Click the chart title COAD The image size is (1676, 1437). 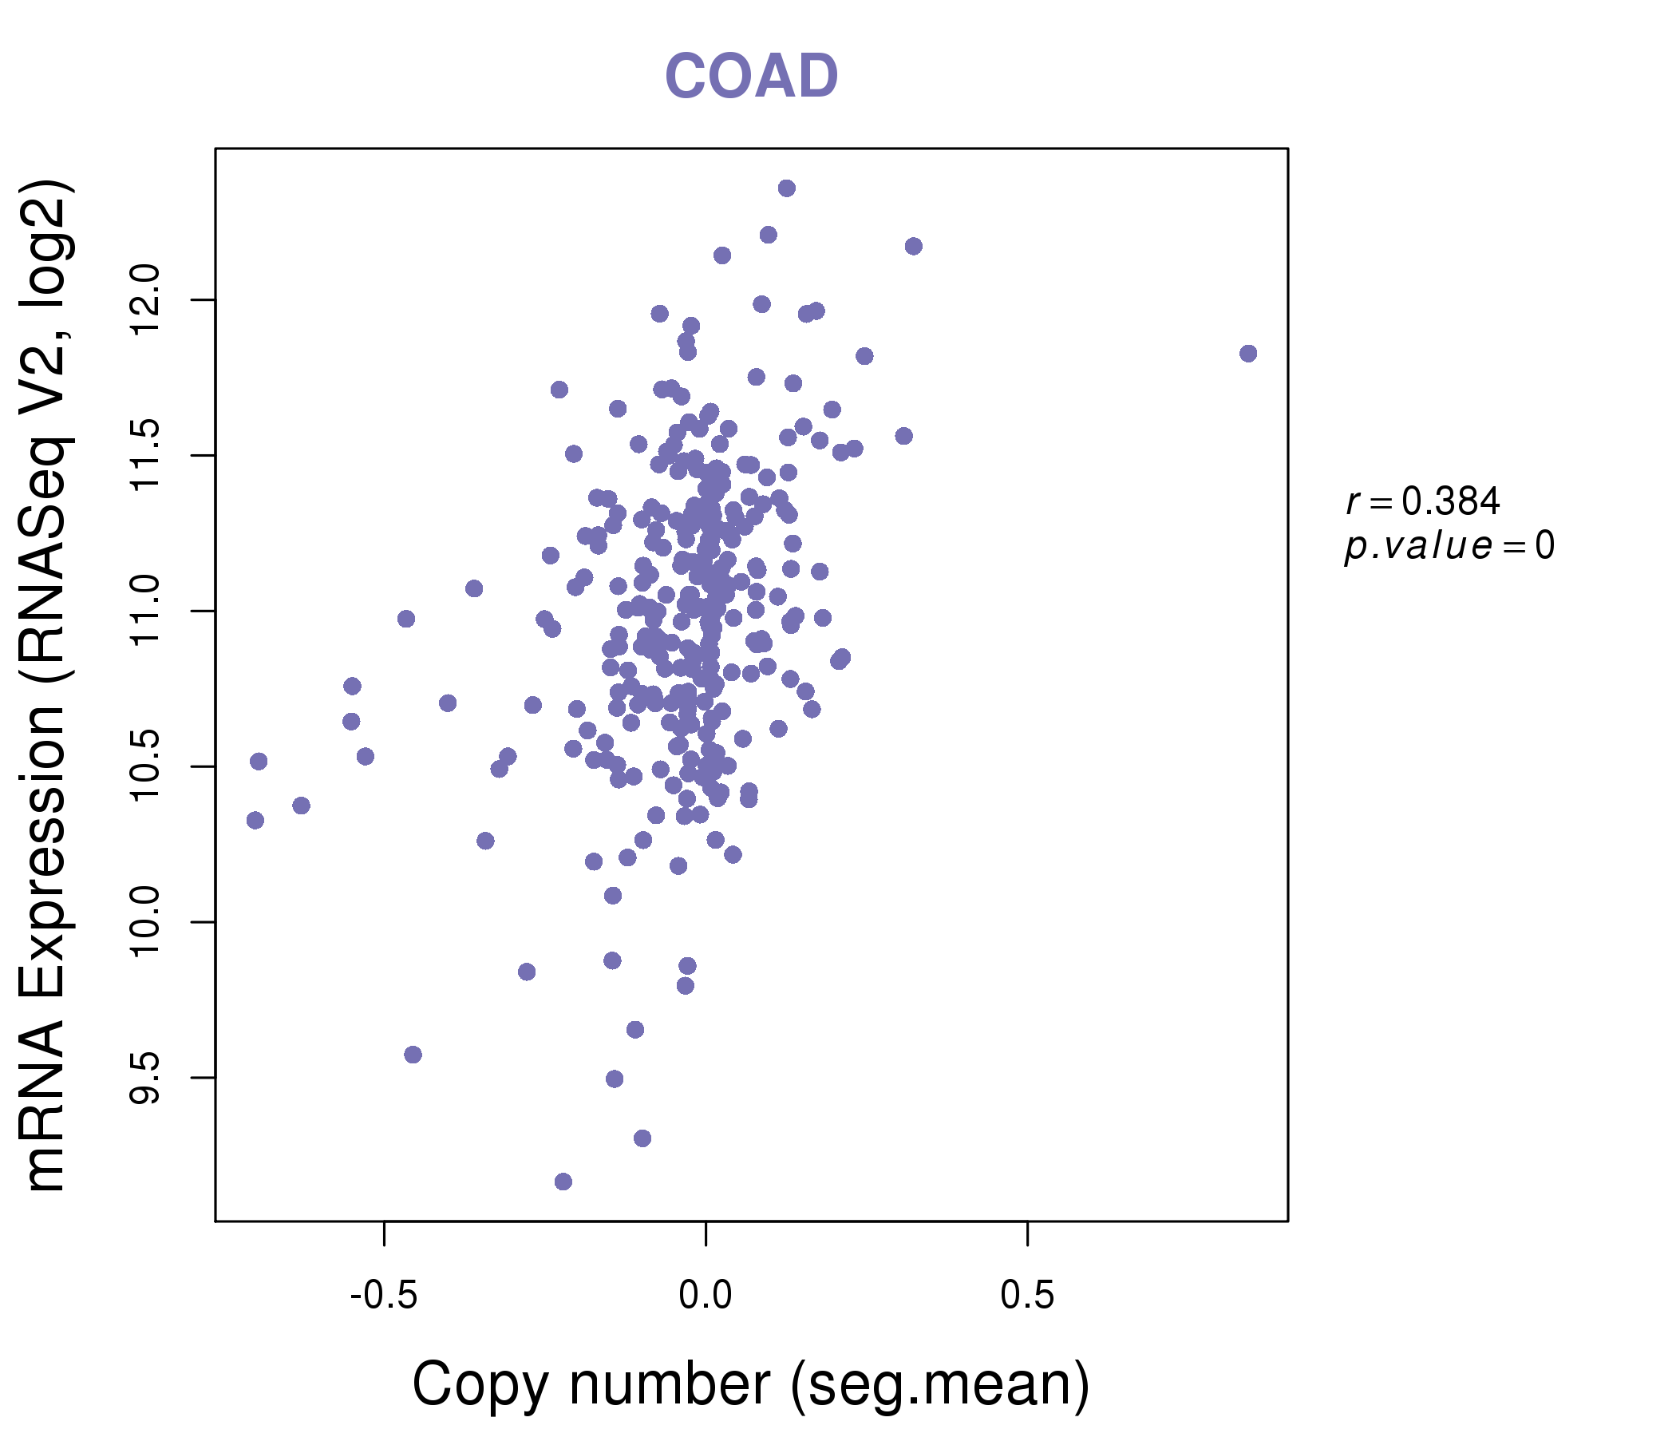tap(751, 76)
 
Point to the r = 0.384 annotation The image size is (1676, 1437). tap(1422, 501)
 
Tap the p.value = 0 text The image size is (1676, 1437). tap(1449, 546)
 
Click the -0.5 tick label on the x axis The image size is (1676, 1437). tap(383, 1296)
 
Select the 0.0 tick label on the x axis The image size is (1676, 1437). tap(706, 1296)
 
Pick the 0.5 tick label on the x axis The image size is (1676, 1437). tap(1027, 1296)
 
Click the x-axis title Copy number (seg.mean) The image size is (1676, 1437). tap(751, 1384)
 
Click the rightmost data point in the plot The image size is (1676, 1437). tap(1248, 354)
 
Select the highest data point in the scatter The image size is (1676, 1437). tap(786, 188)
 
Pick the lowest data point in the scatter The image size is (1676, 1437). tap(563, 1182)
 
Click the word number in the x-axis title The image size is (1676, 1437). tap(670, 1384)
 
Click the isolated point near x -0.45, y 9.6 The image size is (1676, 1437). tap(413, 1055)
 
